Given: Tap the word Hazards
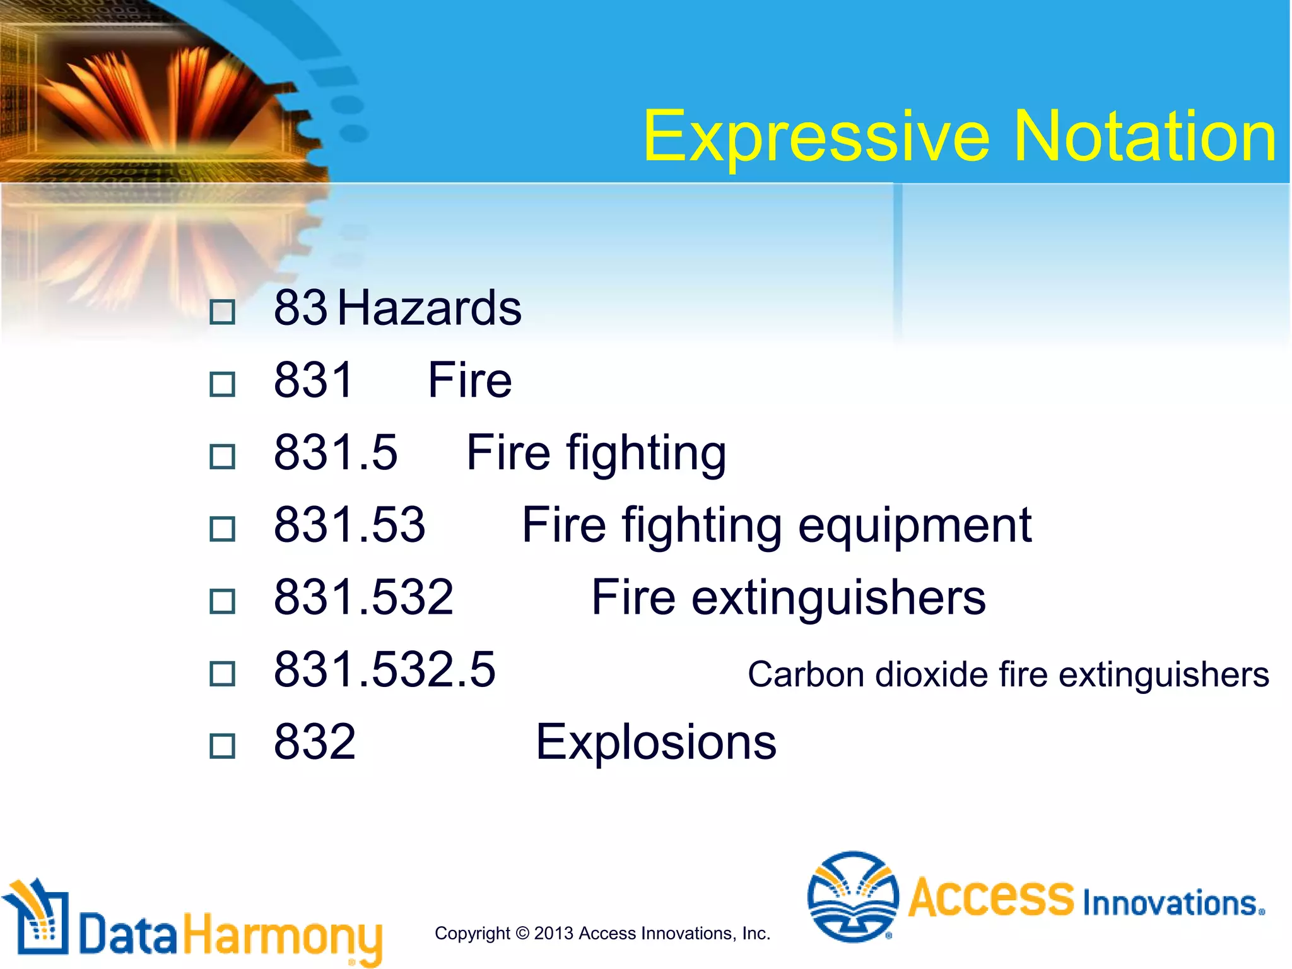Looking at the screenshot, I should pos(429,308).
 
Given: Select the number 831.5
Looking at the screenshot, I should pos(336,452).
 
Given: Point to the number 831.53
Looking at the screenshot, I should pos(349,524).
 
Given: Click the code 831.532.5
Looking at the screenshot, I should pos(384,669).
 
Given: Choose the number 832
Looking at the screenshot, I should pos(315,742).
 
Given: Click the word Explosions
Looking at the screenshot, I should pos(655,742).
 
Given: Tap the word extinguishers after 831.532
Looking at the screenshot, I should pos(838,597).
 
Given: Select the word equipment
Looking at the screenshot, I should pos(914,526).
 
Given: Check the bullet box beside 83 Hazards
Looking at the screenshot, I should pos(222,312).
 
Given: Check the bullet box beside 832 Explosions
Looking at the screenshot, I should pos(222,746).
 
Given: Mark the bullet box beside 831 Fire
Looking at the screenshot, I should pos(222,384).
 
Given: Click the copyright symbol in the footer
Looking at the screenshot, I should pos(522,933).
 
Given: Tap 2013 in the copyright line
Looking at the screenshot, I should pos(553,933).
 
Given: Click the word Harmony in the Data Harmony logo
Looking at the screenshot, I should pos(282,936).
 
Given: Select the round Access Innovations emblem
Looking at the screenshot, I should pos(852,896).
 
